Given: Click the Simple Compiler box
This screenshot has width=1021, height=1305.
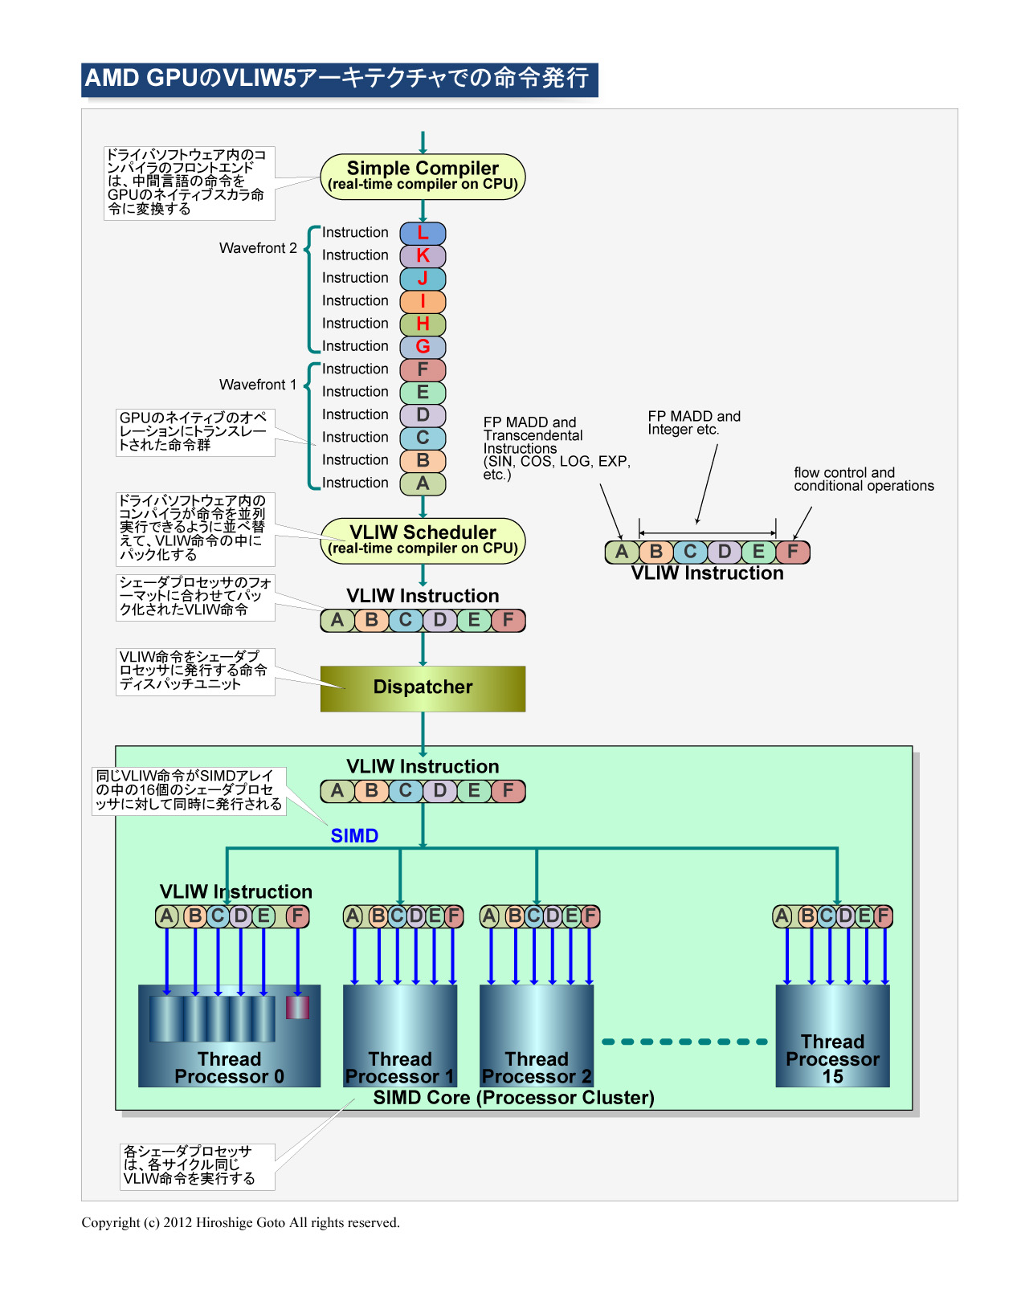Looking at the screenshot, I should [x=423, y=177].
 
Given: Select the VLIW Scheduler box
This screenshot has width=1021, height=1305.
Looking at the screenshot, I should [x=423, y=540].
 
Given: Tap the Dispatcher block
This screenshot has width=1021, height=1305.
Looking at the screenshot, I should [x=423, y=688].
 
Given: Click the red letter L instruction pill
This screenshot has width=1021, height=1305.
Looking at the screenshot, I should [x=423, y=234].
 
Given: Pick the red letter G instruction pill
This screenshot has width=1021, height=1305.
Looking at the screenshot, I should [x=423, y=347].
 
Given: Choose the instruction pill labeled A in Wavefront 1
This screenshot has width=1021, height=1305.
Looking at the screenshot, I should [x=423, y=483].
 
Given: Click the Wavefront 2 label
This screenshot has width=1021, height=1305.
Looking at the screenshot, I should [x=258, y=248].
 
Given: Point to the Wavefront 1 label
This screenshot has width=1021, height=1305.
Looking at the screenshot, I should [x=258, y=385].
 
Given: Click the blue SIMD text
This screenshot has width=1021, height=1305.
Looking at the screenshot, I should [x=354, y=836].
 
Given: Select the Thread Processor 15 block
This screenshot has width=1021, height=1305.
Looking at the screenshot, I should [x=832, y=1036].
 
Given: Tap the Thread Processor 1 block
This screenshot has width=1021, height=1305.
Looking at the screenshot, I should [x=400, y=1036].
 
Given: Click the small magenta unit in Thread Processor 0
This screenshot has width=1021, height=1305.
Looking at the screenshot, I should [x=297, y=1007].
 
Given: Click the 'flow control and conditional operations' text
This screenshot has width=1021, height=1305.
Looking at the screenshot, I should [x=864, y=479].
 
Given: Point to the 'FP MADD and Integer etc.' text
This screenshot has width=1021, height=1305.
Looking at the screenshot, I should [x=694, y=422].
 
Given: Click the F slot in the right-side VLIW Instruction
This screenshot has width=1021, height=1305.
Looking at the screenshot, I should [x=793, y=552].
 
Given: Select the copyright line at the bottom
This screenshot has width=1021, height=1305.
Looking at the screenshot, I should [x=240, y=1222].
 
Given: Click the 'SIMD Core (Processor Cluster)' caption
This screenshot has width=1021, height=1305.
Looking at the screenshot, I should [x=513, y=1098].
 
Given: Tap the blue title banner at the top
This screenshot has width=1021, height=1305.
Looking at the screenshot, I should [x=339, y=80].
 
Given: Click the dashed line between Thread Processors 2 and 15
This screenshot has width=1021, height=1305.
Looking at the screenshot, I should [x=684, y=1042].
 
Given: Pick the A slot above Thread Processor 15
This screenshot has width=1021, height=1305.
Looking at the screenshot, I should [x=782, y=916].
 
